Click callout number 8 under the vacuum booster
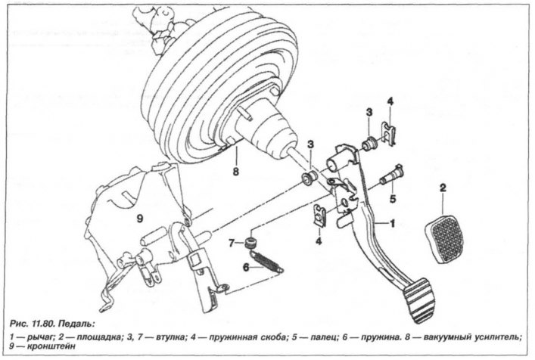click(236, 171)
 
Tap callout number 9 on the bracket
click(140, 219)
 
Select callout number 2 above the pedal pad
click(443, 188)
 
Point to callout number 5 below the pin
click(393, 199)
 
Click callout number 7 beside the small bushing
click(232, 243)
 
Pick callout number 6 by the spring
click(247, 268)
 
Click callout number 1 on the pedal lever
click(392, 223)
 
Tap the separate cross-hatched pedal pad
click(444, 239)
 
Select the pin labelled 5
click(393, 175)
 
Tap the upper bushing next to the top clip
click(369, 143)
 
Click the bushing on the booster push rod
click(310, 177)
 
